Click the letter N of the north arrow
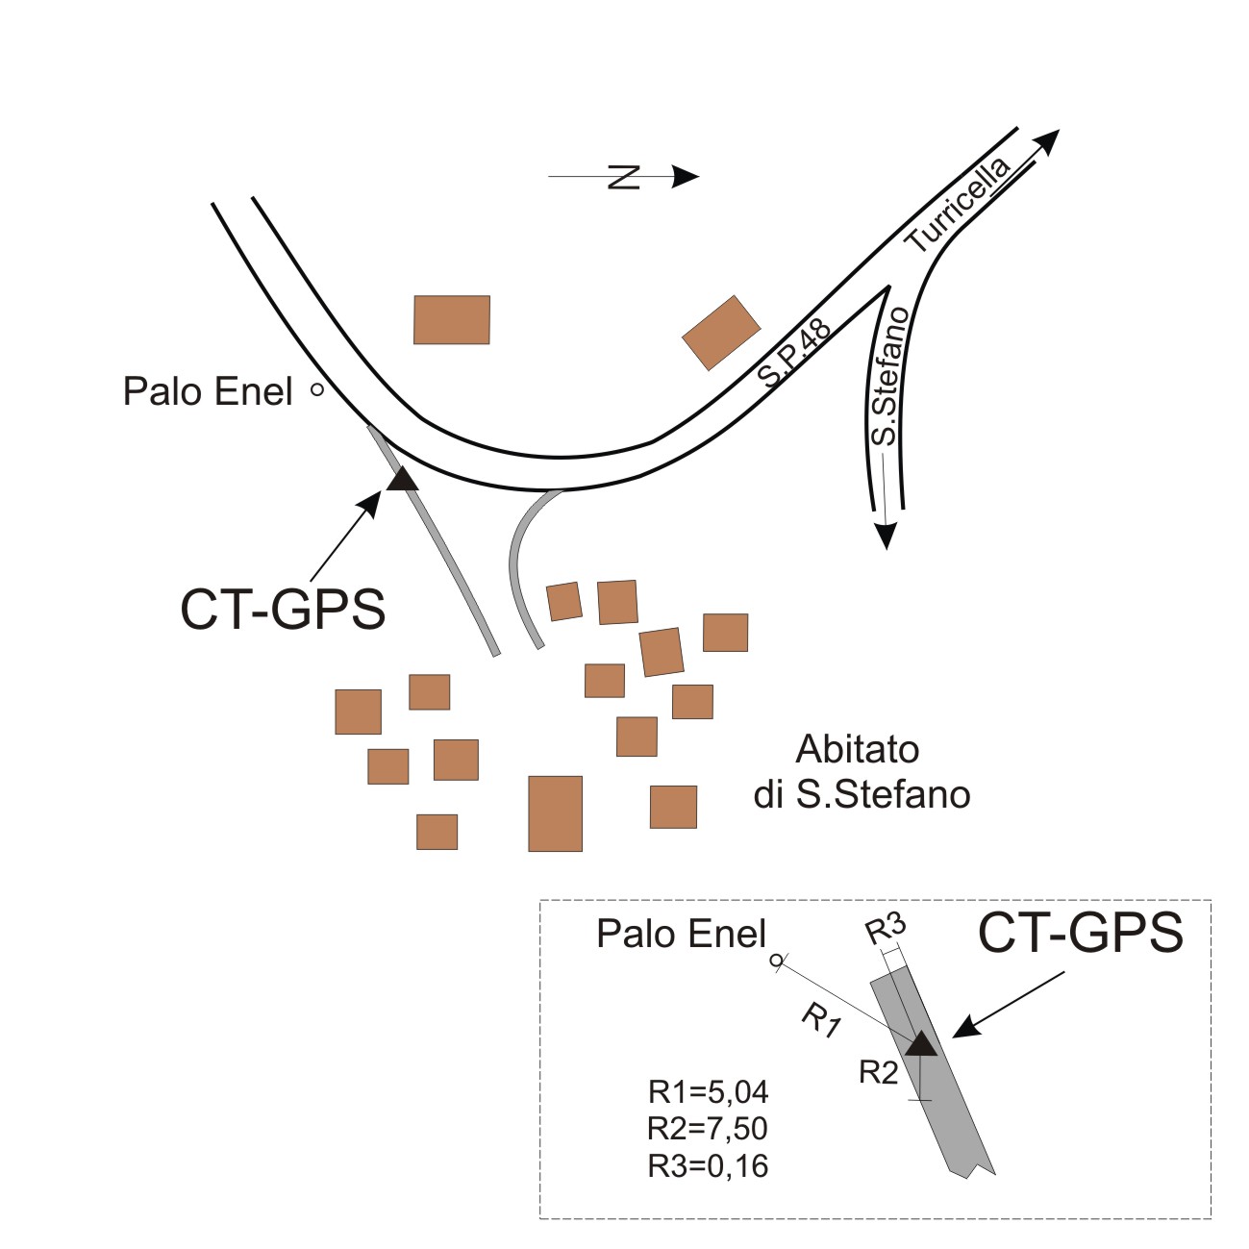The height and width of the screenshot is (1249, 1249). [624, 177]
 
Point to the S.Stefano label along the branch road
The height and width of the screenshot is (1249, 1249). [887, 376]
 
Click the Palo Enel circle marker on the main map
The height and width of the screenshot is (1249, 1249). [316, 390]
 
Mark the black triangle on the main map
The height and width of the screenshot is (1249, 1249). [402, 478]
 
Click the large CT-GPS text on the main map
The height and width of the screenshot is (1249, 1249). [283, 609]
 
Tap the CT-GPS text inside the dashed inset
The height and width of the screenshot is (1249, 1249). [1080, 932]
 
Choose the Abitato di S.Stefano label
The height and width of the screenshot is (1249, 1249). [861, 772]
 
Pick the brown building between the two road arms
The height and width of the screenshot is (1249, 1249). [452, 320]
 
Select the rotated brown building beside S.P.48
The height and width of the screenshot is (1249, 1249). [721, 333]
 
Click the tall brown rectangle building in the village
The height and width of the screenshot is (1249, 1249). [555, 813]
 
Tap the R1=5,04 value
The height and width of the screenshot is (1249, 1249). [709, 1092]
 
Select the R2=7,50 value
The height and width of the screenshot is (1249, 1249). [709, 1129]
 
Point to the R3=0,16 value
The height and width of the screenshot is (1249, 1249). [709, 1165]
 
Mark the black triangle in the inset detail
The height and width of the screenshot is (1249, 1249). [921, 1043]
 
